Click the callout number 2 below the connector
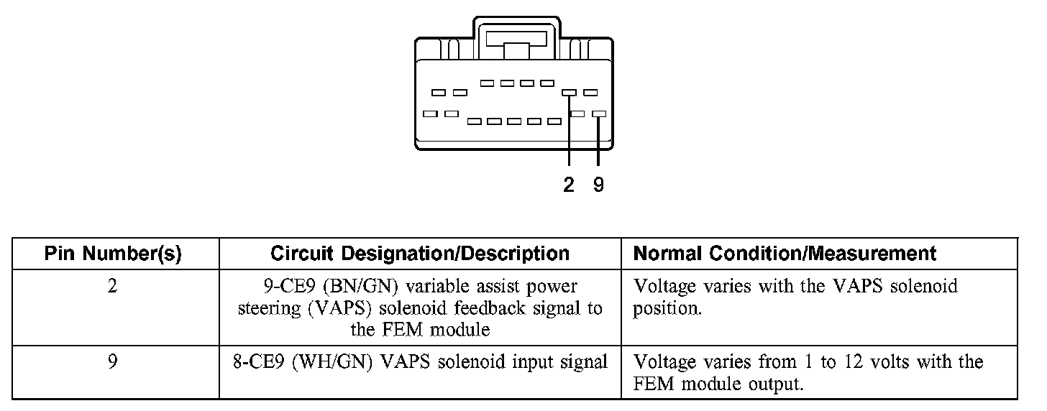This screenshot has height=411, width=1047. click(569, 185)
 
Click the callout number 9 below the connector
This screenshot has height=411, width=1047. click(599, 185)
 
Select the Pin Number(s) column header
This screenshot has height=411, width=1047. click(113, 254)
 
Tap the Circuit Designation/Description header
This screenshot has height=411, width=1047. click(420, 254)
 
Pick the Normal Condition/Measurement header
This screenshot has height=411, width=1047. click(785, 254)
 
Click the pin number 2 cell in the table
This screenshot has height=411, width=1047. click(113, 286)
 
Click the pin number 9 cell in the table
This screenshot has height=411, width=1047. click(113, 362)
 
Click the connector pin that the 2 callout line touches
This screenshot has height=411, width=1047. click(569, 93)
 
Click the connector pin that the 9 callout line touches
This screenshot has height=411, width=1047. click(599, 114)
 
